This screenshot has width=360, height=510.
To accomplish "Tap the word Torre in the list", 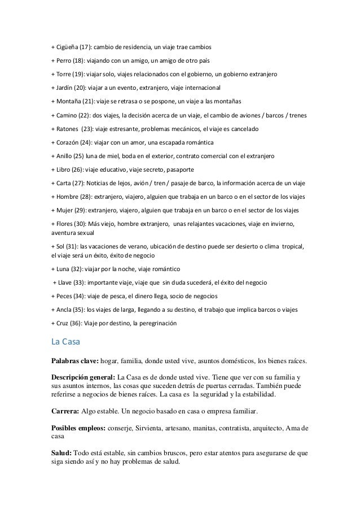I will point(64,74).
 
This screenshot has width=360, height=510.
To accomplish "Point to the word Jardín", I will point(65,88).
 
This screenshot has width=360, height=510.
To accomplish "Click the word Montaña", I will point(69,102).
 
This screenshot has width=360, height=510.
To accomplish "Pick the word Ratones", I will point(68,130).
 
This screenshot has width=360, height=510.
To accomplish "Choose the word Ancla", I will point(64,310).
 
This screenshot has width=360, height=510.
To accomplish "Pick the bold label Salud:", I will point(61,454).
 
